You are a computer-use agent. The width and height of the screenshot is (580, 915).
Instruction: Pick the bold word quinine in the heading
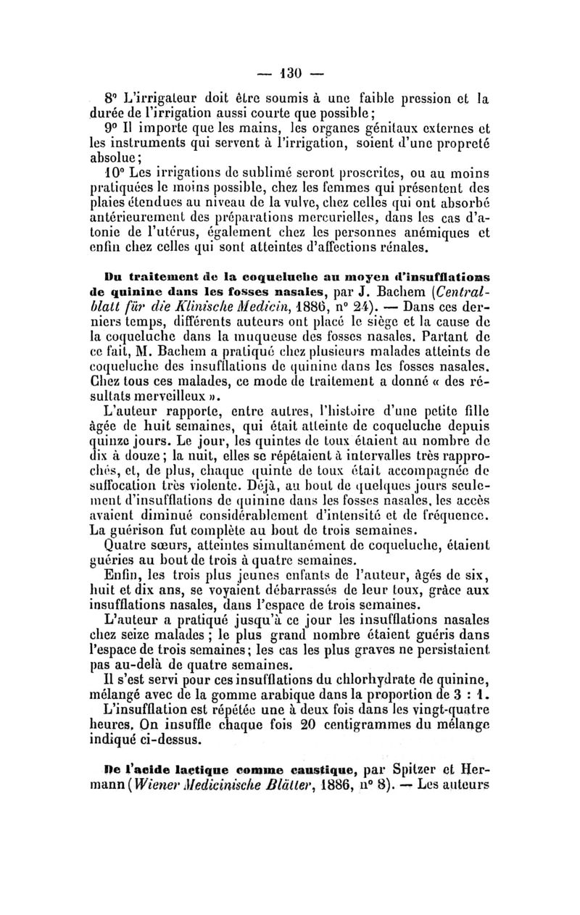coord(136,290)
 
